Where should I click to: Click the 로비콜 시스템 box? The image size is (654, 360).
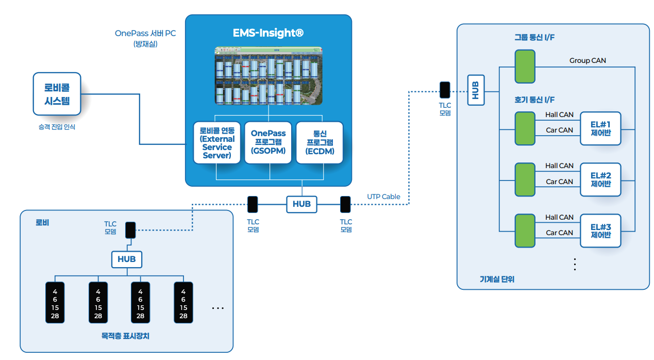57,93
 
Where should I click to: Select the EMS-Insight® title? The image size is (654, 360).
268,34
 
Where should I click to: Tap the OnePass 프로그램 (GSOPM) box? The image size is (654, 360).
268,142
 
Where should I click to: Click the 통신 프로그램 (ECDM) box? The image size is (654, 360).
320,142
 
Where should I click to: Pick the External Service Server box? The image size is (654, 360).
217,142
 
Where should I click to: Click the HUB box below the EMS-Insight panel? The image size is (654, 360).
301,204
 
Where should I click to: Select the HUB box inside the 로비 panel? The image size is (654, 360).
126,259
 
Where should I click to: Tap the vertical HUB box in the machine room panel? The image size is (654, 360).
476,90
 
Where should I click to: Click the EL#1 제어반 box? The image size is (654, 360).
600,128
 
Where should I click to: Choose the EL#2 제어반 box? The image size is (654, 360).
600,179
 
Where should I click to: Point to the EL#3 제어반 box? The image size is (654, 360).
600,231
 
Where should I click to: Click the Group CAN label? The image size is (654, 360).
588,61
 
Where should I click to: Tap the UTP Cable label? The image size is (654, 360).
383,197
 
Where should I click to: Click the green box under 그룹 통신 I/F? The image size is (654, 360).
525,66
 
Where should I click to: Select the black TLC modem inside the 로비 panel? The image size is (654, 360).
130,230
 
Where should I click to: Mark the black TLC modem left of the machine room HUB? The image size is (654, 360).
445,90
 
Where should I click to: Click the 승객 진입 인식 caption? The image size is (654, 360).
57,127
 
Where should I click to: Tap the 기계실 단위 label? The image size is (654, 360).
497,280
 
